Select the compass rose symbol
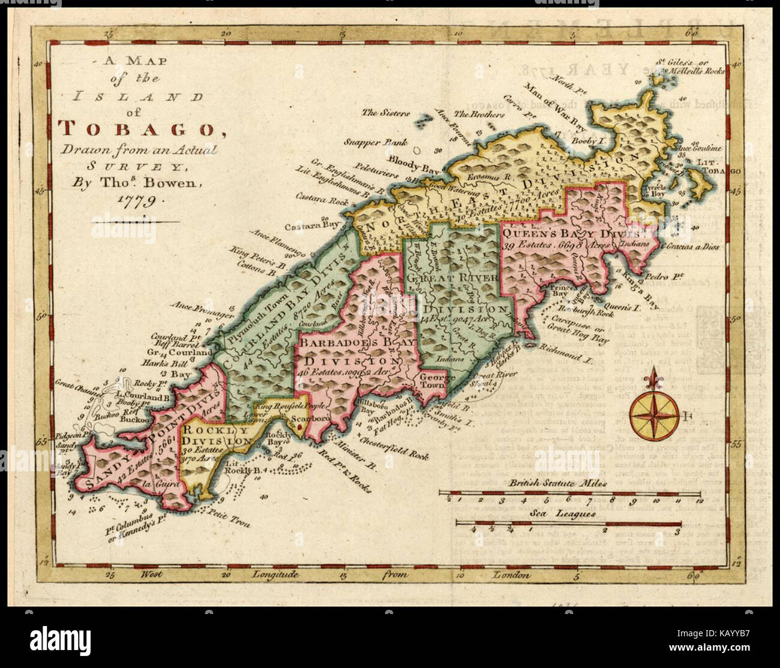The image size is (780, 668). [x=653, y=414]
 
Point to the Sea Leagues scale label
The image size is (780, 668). [x=562, y=513]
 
